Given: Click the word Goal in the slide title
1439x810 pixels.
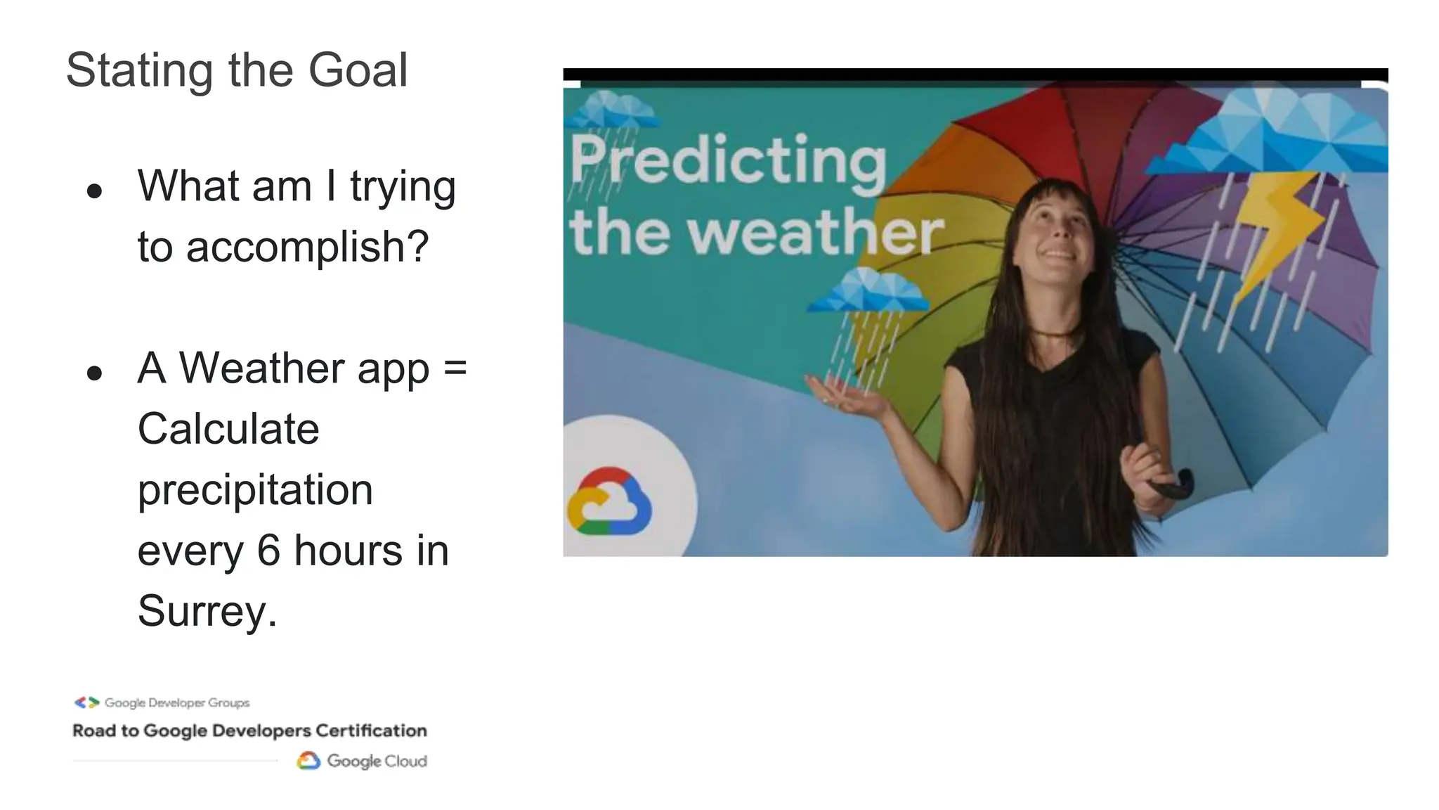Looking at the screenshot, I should [358, 70].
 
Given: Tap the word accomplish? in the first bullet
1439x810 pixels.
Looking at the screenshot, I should [307, 247].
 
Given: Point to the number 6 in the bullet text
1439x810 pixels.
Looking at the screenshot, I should [268, 550].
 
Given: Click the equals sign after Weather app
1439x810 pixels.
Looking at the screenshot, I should [455, 368].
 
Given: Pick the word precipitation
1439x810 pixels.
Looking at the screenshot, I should [255, 490].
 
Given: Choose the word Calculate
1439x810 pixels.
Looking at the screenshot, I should [228, 429].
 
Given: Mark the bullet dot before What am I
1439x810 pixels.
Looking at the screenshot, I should [95, 191].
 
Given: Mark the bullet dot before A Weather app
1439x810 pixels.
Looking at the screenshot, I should [95, 373].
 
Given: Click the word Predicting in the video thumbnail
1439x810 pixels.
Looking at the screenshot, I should [728, 161].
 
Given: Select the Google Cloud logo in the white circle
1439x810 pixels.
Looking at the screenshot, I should [608, 501].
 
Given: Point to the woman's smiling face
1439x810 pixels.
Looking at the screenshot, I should [1055, 233].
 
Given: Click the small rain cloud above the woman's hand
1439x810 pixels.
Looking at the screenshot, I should [868, 292].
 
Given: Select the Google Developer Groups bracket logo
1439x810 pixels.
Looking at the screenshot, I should [87, 702].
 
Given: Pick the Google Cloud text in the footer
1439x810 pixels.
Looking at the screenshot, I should [377, 761].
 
